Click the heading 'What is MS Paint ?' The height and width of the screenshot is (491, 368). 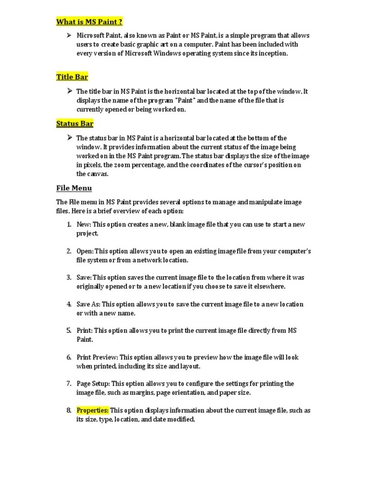89,22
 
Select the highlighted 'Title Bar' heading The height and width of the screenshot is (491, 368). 72,77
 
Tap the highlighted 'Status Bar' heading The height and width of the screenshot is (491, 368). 75,124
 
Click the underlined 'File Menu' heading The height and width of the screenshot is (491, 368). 74,188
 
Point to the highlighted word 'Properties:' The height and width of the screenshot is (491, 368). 92,410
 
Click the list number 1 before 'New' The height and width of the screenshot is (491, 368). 69,224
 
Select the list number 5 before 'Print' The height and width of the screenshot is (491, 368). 69,331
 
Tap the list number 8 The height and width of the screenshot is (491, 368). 69,410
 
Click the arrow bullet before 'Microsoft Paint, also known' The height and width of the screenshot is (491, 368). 69,35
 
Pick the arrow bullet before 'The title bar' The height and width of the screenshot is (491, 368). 69,91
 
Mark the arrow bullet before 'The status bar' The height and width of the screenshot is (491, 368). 69,138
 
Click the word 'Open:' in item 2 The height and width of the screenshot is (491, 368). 85,251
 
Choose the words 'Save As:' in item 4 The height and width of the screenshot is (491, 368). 89,304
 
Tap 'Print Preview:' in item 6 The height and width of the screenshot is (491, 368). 97,357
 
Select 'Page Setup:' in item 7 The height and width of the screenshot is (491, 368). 93,384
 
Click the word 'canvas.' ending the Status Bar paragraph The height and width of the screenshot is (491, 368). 98,174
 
